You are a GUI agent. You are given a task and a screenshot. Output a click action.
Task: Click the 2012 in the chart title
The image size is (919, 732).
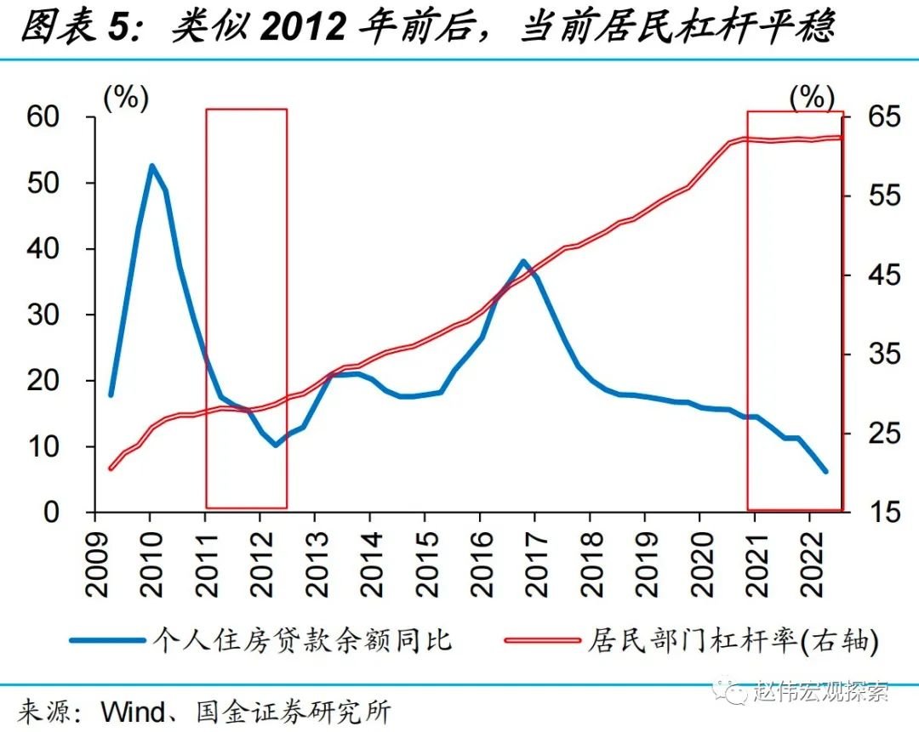[x=304, y=28]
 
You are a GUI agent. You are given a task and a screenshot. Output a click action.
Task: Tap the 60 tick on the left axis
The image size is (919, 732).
[x=59, y=117]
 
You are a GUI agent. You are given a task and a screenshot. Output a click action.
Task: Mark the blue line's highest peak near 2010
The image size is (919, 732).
[x=151, y=166]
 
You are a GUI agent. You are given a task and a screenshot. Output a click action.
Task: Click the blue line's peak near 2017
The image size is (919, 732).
[x=524, y=261]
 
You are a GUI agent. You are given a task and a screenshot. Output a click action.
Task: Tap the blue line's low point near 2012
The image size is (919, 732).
[x=276, y=445]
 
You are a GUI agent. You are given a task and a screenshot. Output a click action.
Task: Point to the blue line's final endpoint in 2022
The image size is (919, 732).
[x=825, y=470]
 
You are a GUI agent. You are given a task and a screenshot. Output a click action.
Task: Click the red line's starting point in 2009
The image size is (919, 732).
[x=111, y=468]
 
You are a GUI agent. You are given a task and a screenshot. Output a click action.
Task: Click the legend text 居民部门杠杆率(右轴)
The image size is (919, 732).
[x=730, y=639]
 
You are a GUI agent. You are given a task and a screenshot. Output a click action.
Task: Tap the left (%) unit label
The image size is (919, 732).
[x=126, y=98]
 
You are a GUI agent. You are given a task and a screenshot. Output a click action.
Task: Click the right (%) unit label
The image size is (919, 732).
[x=812, y=98]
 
